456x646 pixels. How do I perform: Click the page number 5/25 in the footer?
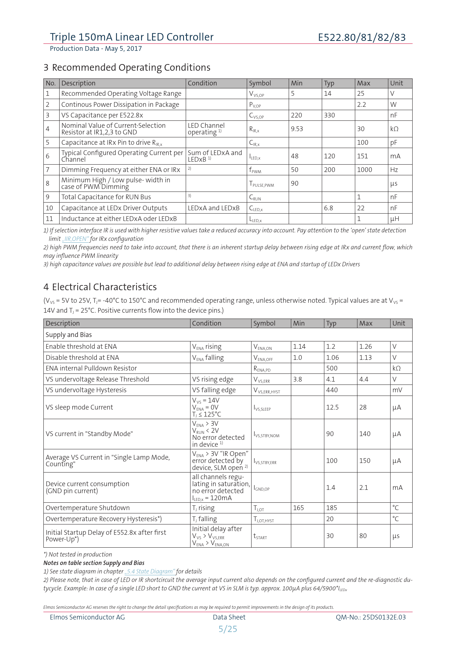click(228, 629)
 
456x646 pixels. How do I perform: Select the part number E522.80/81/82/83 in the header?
click(362, 38)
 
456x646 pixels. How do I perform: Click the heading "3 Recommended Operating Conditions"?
click(127, 67)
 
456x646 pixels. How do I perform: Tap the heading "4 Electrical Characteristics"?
click(100, 287)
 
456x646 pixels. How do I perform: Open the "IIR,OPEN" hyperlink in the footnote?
click(75, 239)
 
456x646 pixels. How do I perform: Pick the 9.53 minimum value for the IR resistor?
click(297, 129)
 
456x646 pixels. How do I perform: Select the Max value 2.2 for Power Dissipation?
click(361, 105)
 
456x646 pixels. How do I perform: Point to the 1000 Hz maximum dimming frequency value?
click(364, 170)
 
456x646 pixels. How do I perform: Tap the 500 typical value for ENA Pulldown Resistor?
click(332, 368)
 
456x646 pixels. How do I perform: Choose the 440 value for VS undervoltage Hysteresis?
click(332, 390)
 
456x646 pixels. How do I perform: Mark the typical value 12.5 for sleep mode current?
click(332, 407)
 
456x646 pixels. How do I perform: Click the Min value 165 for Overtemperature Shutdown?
click(298, 508)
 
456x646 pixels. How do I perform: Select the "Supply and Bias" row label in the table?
click(69, 335)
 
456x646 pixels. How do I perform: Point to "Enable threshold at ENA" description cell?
click(81, 347)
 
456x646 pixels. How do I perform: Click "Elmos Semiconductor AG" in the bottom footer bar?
click(87, 617)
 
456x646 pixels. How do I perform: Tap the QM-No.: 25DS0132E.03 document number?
click(371, 617)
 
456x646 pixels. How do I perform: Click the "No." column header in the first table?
click(50, 83)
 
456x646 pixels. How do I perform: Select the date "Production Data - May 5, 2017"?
click(96, 49)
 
